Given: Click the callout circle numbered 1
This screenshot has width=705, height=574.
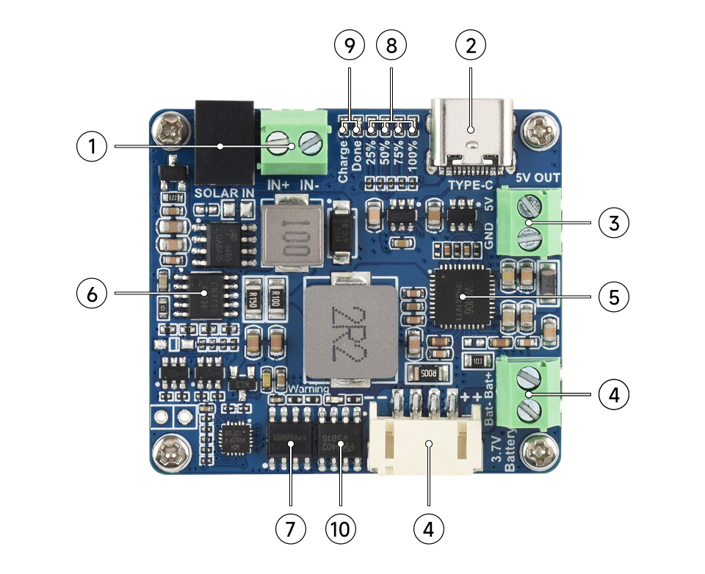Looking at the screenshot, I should click(92, 147).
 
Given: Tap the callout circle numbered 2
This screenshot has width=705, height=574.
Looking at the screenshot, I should click(471, 46).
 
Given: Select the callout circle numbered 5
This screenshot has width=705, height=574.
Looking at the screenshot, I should click(614, 297).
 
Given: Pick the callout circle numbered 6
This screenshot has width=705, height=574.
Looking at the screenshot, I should click(92, 294).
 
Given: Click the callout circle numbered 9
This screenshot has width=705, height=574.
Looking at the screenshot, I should click(349, 46).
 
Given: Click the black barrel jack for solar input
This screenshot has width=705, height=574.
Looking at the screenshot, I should click(224, 142).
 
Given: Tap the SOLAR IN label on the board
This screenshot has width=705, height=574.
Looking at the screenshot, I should click(225, 193).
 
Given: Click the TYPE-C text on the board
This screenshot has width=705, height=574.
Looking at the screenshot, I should click(470, 186).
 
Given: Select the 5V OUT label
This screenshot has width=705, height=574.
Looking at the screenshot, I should click(538, 178).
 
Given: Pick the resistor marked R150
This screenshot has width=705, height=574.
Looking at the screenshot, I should click(252, 299).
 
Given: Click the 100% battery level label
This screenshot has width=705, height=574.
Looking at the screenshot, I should click(413, 158).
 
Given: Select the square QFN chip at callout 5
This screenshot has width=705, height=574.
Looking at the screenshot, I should click(461, 297).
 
